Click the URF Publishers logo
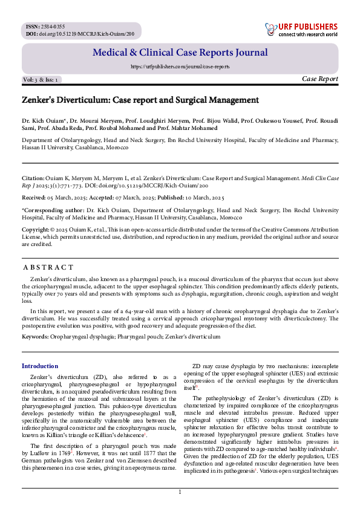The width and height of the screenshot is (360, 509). pyautogui.click(x=301, y=30)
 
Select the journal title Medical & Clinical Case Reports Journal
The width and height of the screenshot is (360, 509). pyautogui.click(x=180, y=53)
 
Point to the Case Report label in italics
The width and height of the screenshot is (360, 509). pyautogui.click(x=319, y=79)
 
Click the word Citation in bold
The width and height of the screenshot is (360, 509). pyautogui.click(x=33, y=178)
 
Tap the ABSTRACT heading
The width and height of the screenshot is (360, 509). pyautogui.click(x=48, y=267)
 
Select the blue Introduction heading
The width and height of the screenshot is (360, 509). pyautogui.click(x=40, y=366)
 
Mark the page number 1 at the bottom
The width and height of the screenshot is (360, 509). pyautogui.click(x=180, y=492)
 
